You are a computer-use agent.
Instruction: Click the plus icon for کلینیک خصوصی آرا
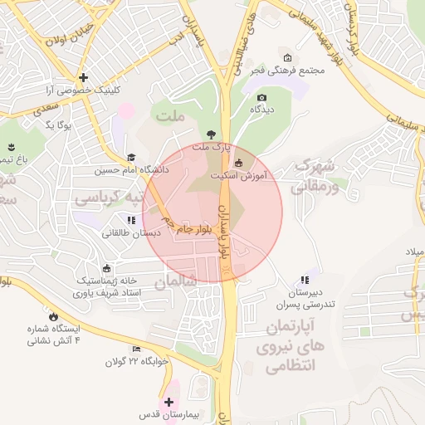(x=83, y=77)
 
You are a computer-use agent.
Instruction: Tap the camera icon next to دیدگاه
(x=261, y=97)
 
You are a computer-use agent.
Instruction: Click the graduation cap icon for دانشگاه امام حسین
(x=130, y=158)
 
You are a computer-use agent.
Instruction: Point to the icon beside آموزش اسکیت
(x=240, y=163)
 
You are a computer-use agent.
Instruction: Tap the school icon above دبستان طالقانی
(x=130, y=220)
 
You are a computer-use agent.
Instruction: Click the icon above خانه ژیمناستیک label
(x=107, y=268)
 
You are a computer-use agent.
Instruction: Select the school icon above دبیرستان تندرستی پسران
(x=305, y=281)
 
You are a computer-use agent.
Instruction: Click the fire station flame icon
(x=55, y=315)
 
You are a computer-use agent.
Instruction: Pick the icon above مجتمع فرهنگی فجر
(x=287, y=58)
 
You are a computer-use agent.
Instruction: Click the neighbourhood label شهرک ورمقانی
(x=314, y=175)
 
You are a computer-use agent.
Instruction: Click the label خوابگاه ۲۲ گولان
(x=137, y=362)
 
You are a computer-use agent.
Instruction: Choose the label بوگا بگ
(x=60, y=125)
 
